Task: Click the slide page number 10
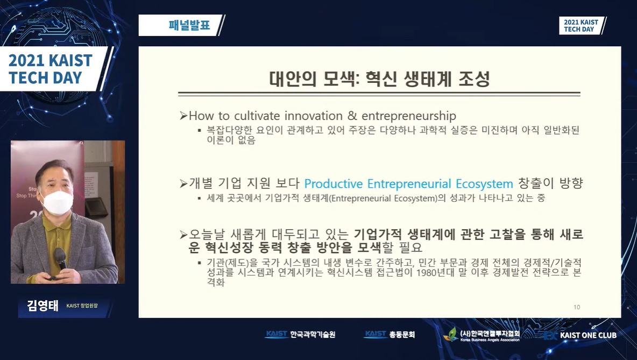(x=577, y=307)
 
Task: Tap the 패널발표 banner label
(x=189, y=25)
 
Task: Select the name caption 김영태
(x=43, y=305)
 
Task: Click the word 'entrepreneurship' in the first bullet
(x=409, y=116)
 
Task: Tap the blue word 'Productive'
(x=334, y=184)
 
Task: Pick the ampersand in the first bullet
(x=352, y=116)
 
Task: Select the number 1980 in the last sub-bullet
(x=426, y=272)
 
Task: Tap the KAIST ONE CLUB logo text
(x=588, y=335)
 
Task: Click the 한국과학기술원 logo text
(x=313, y=334)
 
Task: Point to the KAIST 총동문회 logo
(x=390, y=334)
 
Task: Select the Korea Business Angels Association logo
(x=484, y=334)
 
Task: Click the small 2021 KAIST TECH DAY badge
(x=582, y=26)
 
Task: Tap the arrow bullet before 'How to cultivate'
(x=183, y=116)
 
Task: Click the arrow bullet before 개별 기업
(x=183, y=184)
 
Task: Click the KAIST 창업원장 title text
(x=82, y=306)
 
